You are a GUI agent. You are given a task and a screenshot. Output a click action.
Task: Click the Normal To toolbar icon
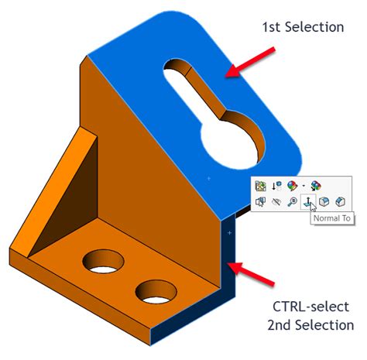click(309, 202)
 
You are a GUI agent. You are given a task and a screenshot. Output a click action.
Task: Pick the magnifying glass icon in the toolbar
click(293, 202)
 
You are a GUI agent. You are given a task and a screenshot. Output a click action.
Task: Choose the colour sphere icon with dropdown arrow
click(292, 186)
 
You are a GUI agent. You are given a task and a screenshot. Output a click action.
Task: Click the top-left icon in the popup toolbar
click(261, 186)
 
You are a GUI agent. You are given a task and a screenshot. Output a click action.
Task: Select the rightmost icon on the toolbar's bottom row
click(340, 202)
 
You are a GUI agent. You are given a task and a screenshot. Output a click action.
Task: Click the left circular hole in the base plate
click(102, 262)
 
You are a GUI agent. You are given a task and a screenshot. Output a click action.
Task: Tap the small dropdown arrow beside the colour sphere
click(304, 186)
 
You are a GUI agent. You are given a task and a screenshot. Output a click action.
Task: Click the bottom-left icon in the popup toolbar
click(261, 202)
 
